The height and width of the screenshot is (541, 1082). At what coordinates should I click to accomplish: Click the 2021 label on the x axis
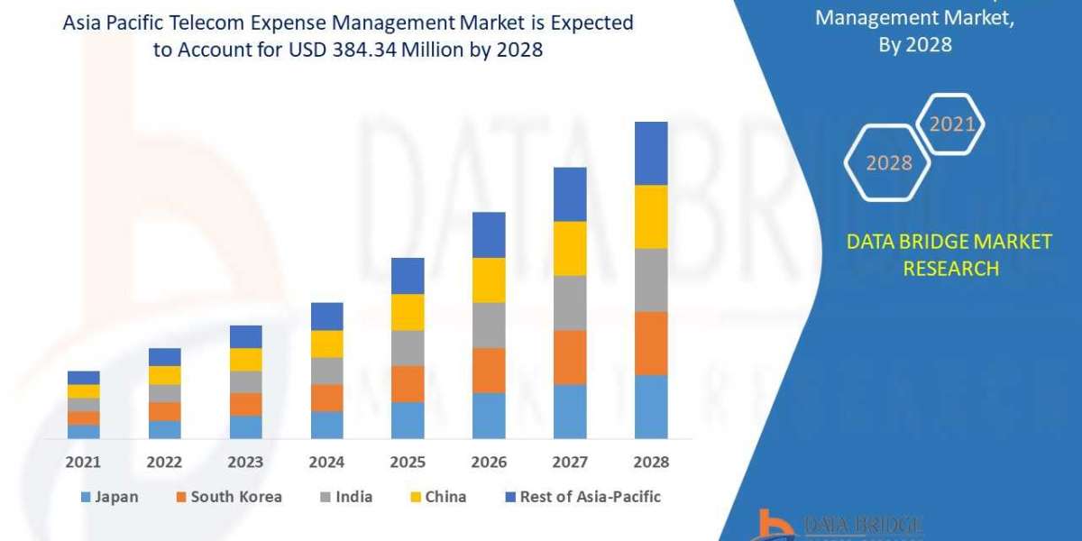point(83,462)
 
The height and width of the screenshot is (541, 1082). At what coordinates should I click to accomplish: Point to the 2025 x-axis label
point(408,462)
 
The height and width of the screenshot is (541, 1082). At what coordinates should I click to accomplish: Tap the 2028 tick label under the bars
point(651,462)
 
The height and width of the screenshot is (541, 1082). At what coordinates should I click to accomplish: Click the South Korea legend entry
point(231,497)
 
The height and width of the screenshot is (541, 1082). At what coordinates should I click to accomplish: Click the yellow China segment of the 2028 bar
point(651,216)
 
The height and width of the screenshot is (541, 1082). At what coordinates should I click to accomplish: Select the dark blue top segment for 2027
point(570,194)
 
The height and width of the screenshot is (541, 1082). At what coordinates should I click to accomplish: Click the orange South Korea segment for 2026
point(489,371)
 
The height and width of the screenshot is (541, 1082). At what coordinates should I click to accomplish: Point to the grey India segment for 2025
point(408,348)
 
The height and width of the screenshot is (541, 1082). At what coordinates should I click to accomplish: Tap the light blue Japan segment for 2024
point(326,425)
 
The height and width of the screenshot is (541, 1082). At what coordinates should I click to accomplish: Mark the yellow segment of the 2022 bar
point(164,375)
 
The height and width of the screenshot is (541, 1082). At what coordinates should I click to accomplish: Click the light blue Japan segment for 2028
point(651,407)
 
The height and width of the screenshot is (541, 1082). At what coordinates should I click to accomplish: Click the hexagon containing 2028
point(888,163)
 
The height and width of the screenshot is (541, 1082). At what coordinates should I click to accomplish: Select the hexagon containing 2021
point(952,124)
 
